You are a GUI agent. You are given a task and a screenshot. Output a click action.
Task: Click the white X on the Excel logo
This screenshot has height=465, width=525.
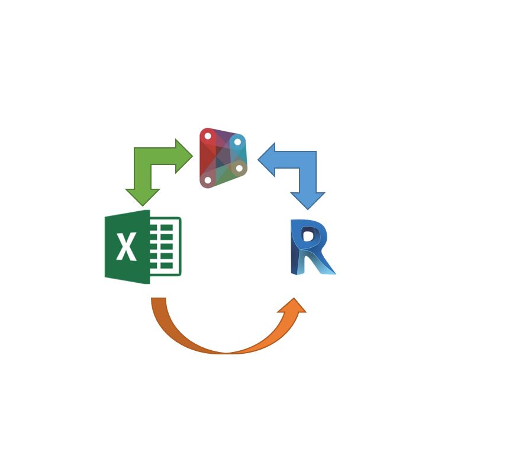126,246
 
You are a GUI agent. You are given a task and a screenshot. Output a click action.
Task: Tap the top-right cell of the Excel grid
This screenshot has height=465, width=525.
167,228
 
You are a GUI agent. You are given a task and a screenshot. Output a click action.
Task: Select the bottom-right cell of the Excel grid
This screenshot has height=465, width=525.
167,266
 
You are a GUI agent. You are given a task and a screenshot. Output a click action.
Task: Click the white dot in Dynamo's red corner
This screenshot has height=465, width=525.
208,136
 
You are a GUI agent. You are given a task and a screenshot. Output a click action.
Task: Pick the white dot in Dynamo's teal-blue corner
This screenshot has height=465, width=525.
237,142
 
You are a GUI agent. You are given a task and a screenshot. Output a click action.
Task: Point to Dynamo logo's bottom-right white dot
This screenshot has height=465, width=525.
239,168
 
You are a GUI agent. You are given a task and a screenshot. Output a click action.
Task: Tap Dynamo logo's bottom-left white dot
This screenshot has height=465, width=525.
208,180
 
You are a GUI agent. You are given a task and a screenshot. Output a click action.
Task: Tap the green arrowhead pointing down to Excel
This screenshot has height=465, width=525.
143,197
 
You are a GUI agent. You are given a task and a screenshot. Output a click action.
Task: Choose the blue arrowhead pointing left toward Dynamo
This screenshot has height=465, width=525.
266,160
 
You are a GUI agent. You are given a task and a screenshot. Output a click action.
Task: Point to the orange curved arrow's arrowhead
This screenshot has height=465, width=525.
292,306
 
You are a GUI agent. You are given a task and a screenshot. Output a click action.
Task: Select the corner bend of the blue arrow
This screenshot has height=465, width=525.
308,160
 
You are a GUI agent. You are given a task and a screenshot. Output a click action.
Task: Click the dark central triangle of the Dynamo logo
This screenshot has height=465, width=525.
221,158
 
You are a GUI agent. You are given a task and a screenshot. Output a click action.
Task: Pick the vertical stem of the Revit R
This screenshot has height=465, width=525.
297,248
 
